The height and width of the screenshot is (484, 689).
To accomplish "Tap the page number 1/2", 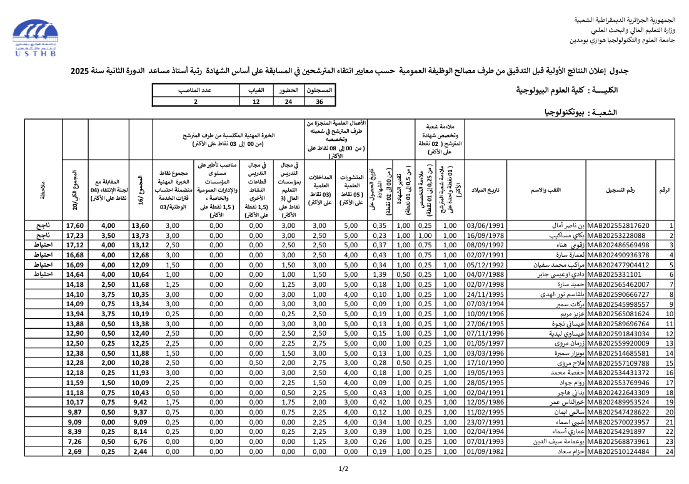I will click(344, 468).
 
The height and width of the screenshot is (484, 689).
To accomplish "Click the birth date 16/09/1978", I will click(486, 235).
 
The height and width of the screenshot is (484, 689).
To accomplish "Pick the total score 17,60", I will click(74, 226).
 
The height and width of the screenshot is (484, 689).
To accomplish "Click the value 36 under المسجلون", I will click(319, 101).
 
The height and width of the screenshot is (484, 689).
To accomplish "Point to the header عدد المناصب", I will click(196, 91).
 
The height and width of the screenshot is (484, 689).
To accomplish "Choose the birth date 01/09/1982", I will click(486, 451).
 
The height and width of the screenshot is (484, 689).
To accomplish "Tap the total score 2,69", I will click(74, 451).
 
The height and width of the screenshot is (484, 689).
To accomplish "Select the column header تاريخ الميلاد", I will click(486, 190).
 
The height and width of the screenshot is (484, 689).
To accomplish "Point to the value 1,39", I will click(379, 274).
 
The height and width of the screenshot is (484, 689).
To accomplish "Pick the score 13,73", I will click(141, 235).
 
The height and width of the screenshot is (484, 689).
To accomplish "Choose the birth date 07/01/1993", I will click(486, 441).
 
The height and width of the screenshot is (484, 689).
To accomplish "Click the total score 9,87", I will click(74, 412).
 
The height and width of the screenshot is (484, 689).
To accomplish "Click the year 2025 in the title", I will click(80, 71).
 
